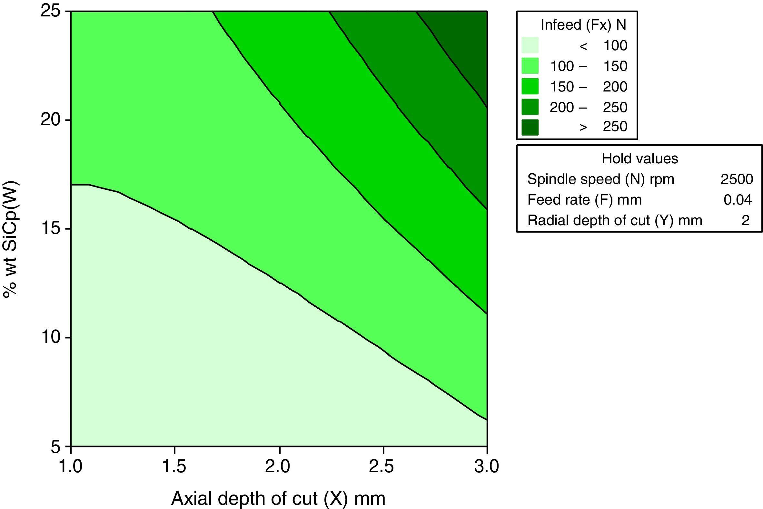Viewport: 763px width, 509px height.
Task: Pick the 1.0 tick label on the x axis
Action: click(x=71, y=467)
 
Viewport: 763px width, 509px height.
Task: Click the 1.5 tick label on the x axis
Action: click(x=175, y=467)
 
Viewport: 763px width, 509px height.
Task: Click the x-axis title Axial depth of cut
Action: click(x=278, y=498)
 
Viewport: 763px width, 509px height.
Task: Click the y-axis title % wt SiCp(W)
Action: click(x=11, y=240)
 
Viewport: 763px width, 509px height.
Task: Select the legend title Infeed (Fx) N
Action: click(x=583, y=25)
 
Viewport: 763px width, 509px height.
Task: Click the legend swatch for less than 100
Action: click(x=530, y=45)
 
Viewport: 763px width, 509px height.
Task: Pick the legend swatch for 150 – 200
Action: click(x=530, y=86)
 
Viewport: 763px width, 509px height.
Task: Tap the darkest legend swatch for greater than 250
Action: click(x=530, y=127)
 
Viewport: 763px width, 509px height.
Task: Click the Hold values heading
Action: click(x=639, y=159)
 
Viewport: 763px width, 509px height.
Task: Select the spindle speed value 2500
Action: click(x=737, y=179)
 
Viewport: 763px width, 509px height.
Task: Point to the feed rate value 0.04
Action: click(x=737, y=200)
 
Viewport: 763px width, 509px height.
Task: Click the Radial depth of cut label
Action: click(x=614, y=220)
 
